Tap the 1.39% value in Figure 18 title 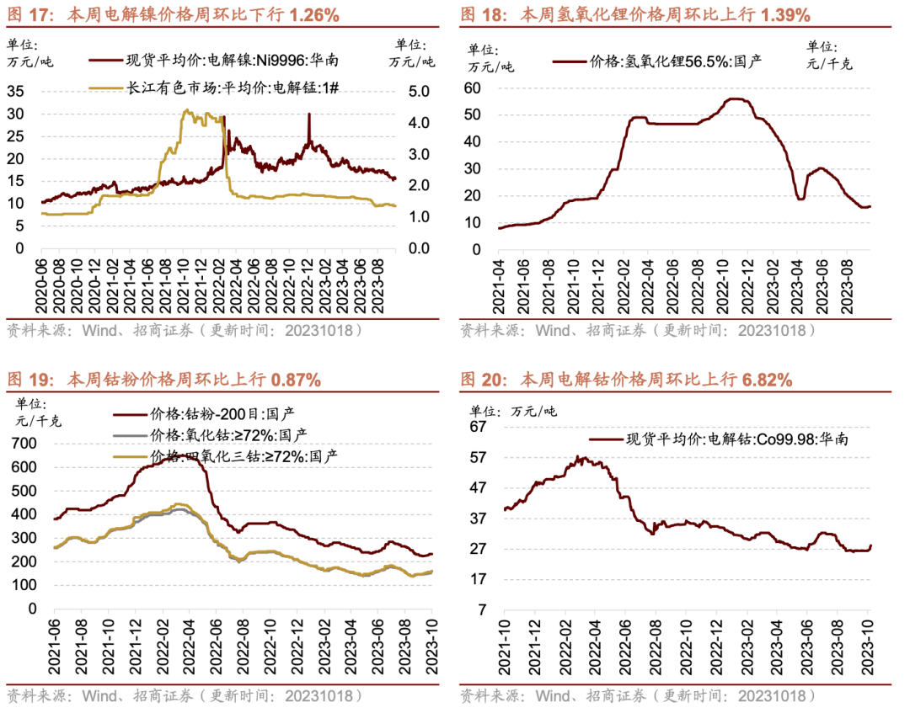[784, 14]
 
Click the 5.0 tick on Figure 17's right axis [418, 91]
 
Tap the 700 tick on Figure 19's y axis [25, 443]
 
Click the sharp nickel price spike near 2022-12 [309, 115]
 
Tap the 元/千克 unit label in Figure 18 [829, 62]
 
